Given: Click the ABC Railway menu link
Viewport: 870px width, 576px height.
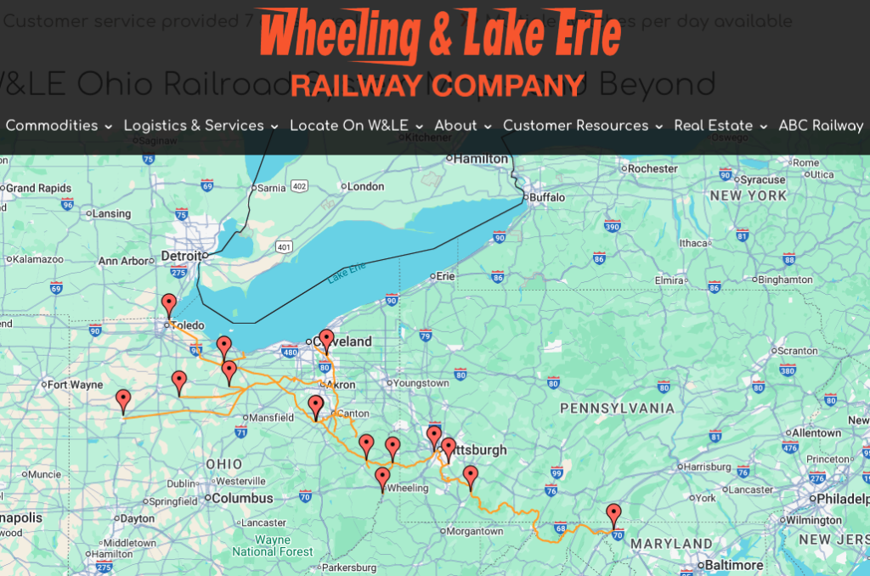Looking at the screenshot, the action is [x=821, y=126].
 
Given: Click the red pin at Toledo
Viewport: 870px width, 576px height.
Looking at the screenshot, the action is [x=169, y=304].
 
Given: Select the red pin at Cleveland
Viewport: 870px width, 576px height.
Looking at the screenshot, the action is [x=326, y=339].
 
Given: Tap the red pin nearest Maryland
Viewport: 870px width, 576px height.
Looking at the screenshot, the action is [x=613, y=514].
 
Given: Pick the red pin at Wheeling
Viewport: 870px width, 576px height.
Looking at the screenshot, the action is [x=382, y=477].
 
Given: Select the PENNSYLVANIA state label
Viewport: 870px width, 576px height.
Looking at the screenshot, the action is [x=617, y=409].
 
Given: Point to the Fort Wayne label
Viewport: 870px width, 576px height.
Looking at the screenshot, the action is [x=75, y=385].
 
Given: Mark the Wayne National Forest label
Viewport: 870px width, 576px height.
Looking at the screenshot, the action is [x=273, y=545].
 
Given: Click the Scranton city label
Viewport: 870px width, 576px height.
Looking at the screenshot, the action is [x=797, y=350].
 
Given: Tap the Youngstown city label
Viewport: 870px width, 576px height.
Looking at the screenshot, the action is [x=421, y=383].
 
